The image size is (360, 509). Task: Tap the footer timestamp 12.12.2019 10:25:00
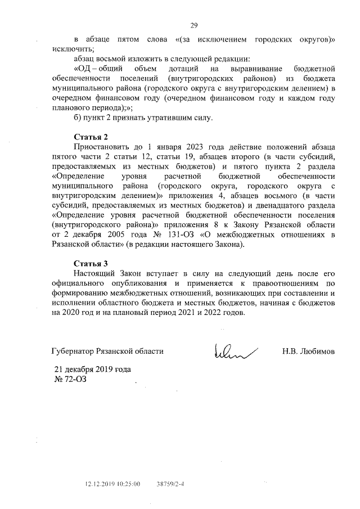tap(112, 483)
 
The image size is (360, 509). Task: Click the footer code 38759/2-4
tap(170, 483)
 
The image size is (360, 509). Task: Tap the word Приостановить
tap(102, 147)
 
